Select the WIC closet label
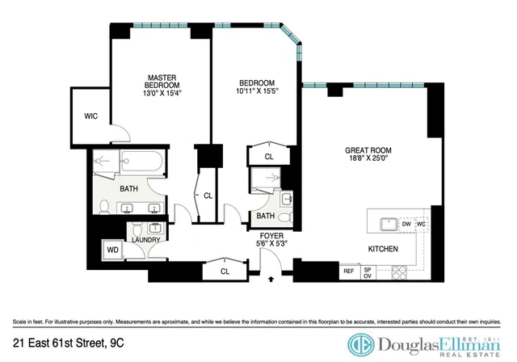[91, 116]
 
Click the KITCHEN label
[383, 249]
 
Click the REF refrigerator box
[349, 272]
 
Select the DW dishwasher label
[407, 224]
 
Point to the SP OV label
[368, 272]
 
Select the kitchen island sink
[387, 222]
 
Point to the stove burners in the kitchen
[397, 273]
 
